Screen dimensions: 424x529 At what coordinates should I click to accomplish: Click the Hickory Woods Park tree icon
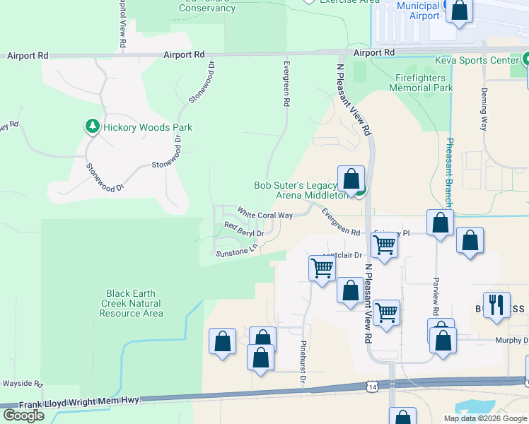coord(92,127)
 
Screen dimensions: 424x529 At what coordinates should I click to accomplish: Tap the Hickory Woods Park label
coord(148,128)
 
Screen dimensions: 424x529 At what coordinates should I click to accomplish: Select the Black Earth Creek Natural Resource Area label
coord(134,303)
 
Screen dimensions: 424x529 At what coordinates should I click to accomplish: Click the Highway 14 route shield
coord(372,387)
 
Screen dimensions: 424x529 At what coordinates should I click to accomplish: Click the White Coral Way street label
coord(264,213)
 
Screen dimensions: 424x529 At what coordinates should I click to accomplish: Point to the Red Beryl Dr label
coord(244,229)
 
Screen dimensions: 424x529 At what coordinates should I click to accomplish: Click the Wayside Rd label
coord(22,383)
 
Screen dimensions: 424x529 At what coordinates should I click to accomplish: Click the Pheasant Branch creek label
coord(449,170)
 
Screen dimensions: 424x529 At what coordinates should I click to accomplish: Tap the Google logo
coord(23,416)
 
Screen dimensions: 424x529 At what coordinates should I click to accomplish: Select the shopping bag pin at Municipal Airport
coord(458,11)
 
